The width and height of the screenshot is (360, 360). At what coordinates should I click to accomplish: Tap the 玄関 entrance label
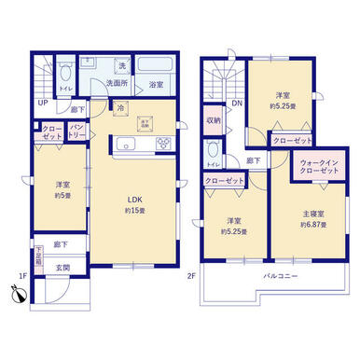pyautogui.click(x=63, y=269)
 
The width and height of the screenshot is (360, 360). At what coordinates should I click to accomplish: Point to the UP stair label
pyautogui.click(x=43, y=104)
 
